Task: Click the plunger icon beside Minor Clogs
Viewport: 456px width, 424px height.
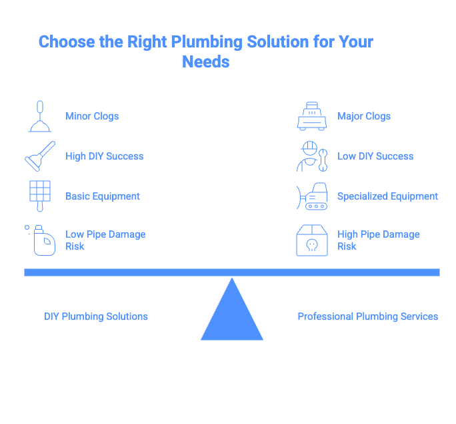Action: (39, 116)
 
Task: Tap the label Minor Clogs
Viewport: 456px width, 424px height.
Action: (92, 116)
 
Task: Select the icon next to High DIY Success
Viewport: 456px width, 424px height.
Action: (39, 156)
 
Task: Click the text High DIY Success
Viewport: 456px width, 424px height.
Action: (104, 156)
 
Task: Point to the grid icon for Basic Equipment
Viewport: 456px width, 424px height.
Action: (39, 195)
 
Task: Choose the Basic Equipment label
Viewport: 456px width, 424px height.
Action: (103, 196)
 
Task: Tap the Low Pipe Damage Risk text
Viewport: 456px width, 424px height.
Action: (105, 240)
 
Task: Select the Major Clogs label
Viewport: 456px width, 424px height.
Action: (364, 116)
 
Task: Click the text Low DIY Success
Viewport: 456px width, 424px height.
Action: (375, 156)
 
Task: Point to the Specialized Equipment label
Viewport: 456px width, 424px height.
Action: (387, 196)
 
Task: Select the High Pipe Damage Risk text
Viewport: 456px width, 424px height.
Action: (378, 240)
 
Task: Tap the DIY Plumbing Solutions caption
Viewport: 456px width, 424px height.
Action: (96, 316)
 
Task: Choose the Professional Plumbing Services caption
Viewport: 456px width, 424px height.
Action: (367, 316)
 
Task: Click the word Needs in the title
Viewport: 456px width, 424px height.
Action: (205, 62)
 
